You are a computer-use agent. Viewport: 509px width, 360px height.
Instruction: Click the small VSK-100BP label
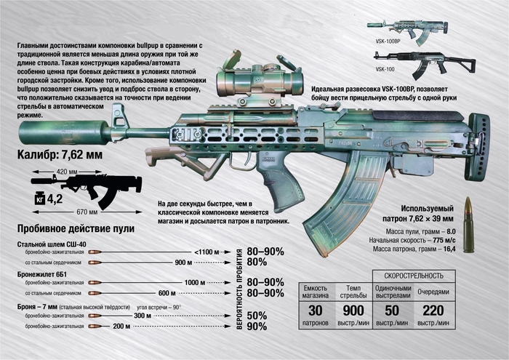pos(388,43)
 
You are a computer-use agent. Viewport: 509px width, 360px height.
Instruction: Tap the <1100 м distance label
pos(210,251)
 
